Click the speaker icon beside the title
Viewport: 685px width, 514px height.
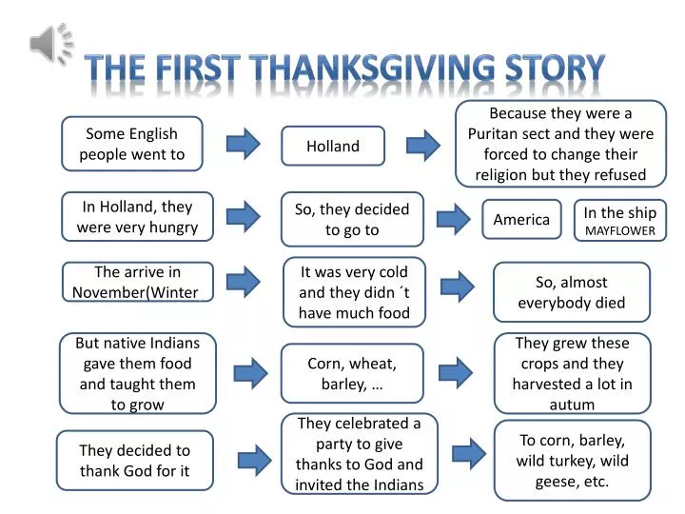(x=51, y=44)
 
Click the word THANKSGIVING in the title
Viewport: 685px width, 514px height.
(x=374, y=69)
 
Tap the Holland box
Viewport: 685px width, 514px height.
(x=333, y=146)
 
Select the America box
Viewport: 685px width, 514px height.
(x=521, y=220)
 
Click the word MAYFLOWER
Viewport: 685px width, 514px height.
(x=620, y=230)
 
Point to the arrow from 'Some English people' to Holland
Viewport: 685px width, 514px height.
(x=243, y=144)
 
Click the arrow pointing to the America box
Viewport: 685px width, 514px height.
(x=454, y=219)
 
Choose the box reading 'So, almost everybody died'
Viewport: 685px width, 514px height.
(x=572, y=292)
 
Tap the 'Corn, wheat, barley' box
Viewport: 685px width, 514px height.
(x=352, y=373)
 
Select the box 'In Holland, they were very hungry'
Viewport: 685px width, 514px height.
(x=137, y=217)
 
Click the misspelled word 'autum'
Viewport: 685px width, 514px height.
(x=572, y=405)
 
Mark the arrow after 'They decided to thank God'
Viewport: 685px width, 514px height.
(x=255, y=461)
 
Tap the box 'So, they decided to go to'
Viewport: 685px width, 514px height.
(x=352, y=220)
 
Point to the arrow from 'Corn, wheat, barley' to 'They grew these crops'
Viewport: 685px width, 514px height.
(x=456, y=373)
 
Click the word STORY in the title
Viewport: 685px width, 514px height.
(x=555, y=69)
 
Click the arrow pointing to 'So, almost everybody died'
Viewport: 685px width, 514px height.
(x=458, y=287)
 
